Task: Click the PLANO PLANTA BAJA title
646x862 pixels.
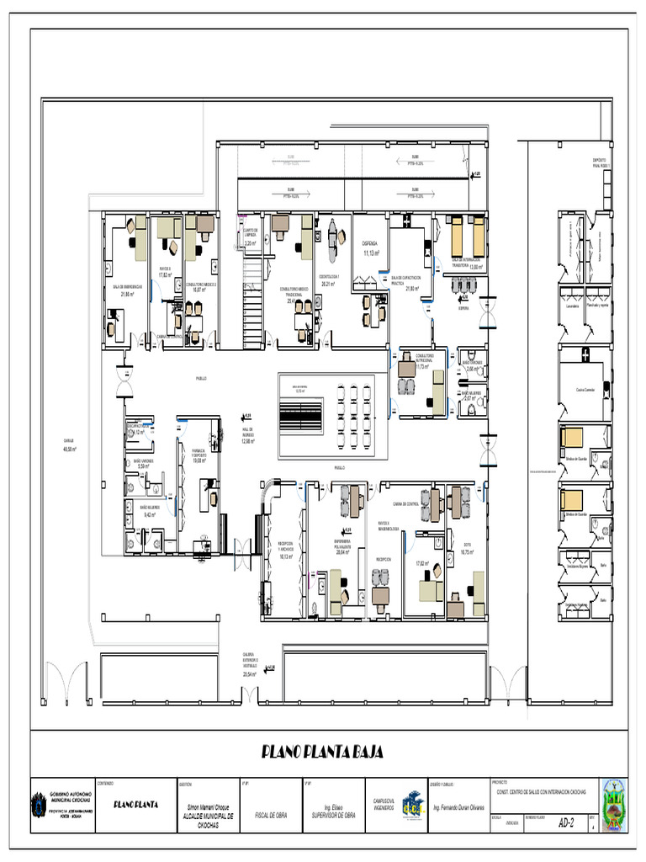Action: [x=322, y=753]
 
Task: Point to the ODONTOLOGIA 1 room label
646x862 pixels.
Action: [x=329, y=277]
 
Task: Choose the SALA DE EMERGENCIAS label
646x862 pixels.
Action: [x=127, y=288]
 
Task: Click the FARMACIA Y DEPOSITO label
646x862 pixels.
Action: [x=199, y=453]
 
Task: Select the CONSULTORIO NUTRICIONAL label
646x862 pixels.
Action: [x=418, y=359]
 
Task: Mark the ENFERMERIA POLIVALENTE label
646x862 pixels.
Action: [x=342, y=544]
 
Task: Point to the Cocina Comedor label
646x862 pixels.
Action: [x=585, y=389]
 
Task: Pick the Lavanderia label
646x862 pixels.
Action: [x=569, y=306]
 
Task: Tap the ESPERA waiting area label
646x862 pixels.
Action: [x=463, y=309]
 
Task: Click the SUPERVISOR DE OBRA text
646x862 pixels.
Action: [x=332, y=816]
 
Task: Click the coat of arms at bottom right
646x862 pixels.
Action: [x=613, y=806]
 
